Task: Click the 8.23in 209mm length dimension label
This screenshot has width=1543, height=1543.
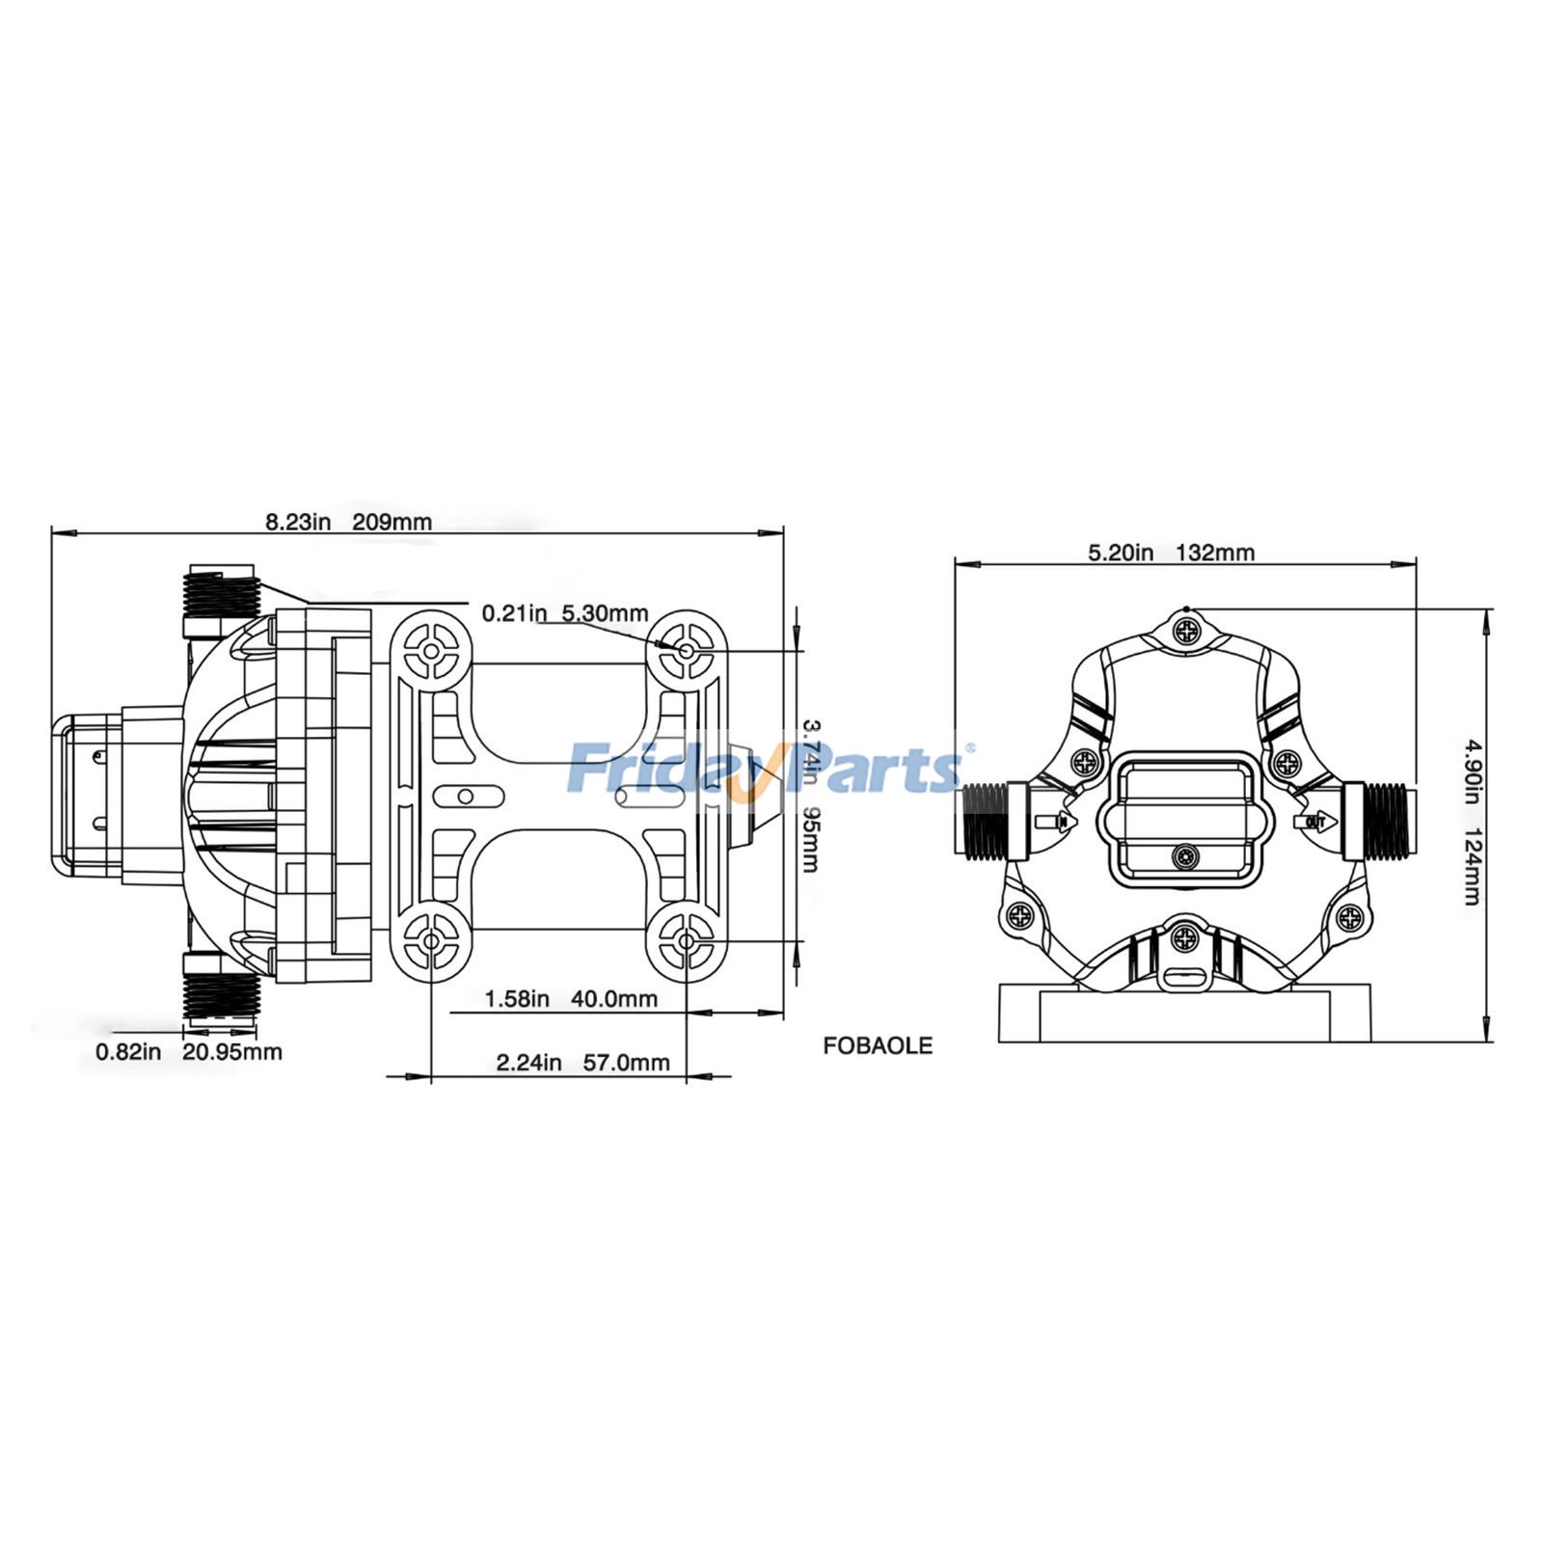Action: (349, 522)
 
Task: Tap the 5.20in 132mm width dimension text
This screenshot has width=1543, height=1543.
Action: (1172, 553)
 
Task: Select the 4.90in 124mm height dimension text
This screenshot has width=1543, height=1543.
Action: (1472, 822)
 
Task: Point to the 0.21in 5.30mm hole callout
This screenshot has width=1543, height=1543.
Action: (565, 613)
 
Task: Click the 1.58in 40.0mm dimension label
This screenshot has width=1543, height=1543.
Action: (571, 998)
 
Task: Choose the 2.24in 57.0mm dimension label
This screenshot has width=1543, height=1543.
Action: (582, 1063)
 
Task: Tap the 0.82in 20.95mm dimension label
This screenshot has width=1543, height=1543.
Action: (189, 1051)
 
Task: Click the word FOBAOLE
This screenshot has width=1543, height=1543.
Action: (878, 1045)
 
